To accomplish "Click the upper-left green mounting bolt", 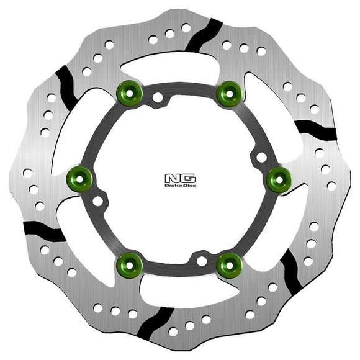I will pyautogui.click(x=130, y=94).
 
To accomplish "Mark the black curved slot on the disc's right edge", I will pyautogui.click(x=314, y=128).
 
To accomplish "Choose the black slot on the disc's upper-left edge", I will pyautogui.click(x=67, y=85).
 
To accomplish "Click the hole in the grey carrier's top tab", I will pyautogui.click(x=160, y=97).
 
